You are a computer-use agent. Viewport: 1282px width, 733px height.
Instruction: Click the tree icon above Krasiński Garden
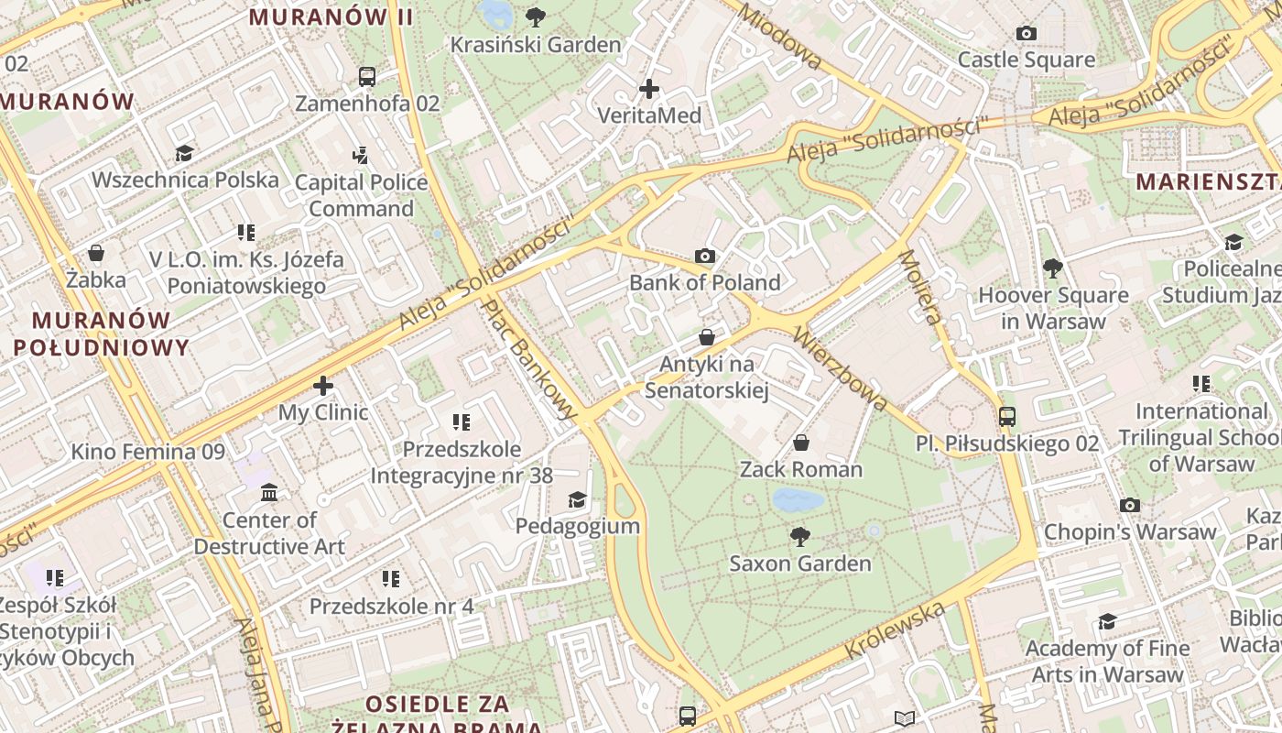(536, 16)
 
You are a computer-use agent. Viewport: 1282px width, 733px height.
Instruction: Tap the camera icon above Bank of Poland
(704, 256)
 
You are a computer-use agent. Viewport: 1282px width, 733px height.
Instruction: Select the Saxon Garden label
(800, 563)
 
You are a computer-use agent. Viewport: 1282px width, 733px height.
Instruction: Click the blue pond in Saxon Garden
(797, 499)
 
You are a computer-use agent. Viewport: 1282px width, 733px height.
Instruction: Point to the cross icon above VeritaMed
(649, 89)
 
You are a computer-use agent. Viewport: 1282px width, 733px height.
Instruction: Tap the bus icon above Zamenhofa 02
(367, 76)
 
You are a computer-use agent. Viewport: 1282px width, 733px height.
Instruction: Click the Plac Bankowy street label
(531, 359)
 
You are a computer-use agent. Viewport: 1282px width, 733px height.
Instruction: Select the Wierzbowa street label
(841, 367)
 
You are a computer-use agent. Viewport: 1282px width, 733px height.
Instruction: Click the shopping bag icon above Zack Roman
(801, 443)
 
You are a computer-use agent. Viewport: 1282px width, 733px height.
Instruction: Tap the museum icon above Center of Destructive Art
(269, 493)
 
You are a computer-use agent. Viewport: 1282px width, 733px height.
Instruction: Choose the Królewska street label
(895, 629)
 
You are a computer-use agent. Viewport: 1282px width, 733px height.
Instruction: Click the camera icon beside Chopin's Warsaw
(1130, 505)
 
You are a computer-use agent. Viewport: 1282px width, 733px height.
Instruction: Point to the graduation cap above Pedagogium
(577, 499)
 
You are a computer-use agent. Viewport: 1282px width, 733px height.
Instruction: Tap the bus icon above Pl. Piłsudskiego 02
(1007, 417)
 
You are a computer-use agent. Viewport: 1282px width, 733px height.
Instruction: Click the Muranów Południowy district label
(101, 334)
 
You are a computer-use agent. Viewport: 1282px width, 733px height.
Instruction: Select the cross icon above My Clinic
(322, 386)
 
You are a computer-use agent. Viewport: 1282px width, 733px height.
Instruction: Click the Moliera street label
(920, 287)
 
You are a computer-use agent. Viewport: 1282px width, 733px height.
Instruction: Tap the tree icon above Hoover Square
(1053, 268)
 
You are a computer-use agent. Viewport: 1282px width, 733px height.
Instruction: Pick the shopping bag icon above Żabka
(96, 253)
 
